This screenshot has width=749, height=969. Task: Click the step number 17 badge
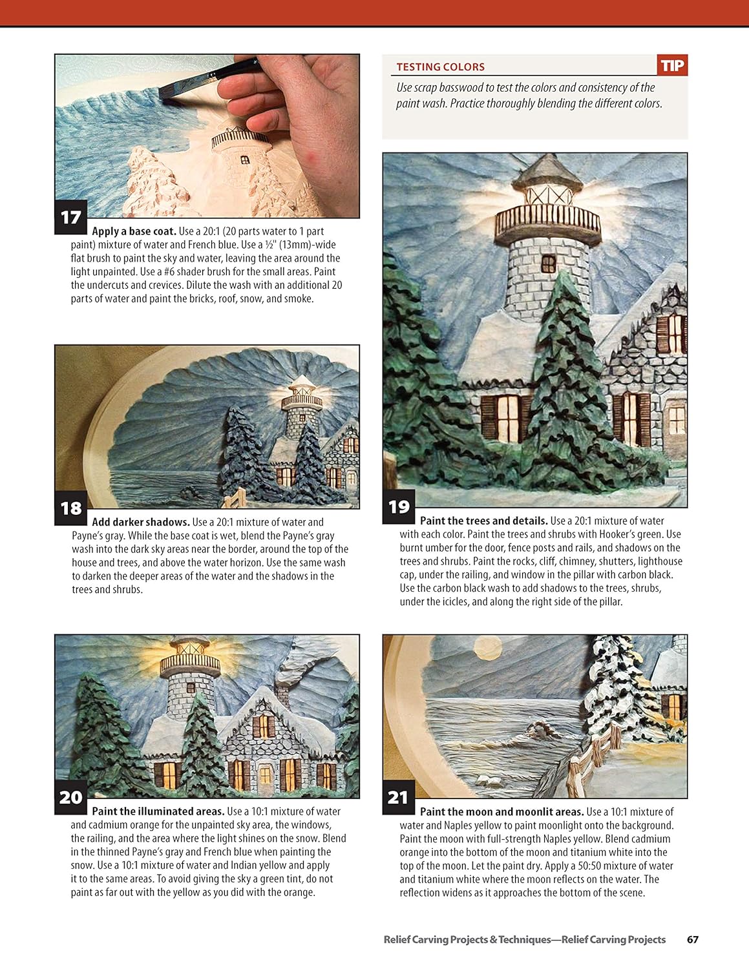click(70, 218)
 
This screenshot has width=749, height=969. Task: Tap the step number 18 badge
click(70, 508)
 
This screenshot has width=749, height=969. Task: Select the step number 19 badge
click(399, 506)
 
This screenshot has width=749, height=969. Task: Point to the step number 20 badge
click(70, 798)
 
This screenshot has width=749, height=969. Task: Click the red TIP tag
click(672, 65)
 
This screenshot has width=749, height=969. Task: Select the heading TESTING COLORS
click(440, 67)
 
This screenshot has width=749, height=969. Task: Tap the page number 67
click(692, 939)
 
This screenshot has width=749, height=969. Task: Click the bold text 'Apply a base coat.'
click(134, 231)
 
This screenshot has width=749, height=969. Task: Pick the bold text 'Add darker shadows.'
click(140, 522)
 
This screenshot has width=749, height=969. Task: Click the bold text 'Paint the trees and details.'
click(483, 521)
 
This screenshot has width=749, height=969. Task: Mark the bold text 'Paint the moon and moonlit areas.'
click(501, 811)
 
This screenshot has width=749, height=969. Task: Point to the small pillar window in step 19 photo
click(548, 264)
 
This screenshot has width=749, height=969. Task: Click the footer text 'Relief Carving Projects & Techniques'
click(467, 939)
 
